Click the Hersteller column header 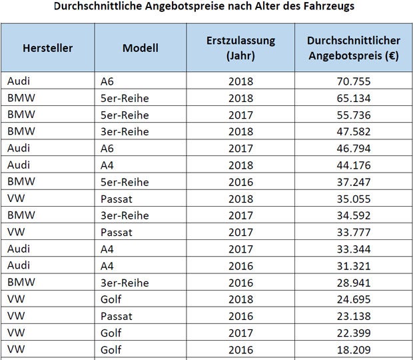[47, 48]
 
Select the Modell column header [141, 48]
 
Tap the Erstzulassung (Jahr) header [240, 48]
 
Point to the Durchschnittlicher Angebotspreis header [353, 48]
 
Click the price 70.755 [353, 81]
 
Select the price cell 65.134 [353, 98]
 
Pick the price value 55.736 [353, 115]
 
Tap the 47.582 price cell [353, 131]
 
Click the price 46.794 [353, 148]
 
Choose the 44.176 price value [353, 165]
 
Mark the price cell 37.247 [353, 181]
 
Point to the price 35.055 [353, 199]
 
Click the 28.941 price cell [353, 282]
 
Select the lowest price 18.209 [353, 349]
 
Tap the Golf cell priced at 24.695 [111, 299]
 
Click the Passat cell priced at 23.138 [116, 315]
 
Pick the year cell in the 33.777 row [240, 232]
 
